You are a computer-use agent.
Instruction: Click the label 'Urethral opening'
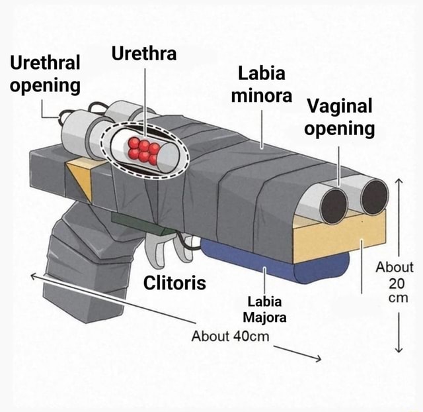tap(45, 74)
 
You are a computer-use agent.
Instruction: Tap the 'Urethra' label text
tap(143, 54)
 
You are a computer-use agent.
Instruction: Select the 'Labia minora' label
tap(261, 84)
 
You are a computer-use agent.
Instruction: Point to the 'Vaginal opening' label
tap(340, 117)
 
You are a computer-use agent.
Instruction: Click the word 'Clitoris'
tap(175, 283)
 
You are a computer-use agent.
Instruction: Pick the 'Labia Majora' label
tap(265, 311)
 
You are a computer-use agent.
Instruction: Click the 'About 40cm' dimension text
tap(231, 336)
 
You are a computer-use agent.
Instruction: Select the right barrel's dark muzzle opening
tap(374, 197)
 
